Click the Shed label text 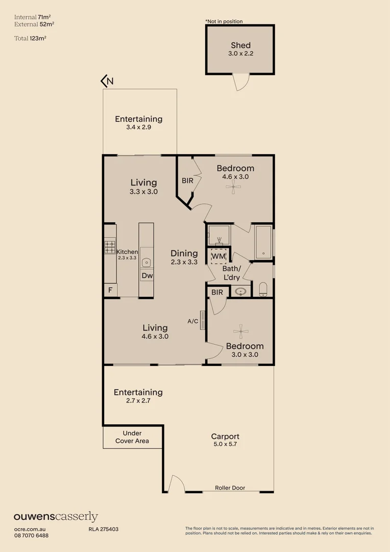point(240,45)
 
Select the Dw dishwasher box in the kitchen point(147,275)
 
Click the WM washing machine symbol point(218,256)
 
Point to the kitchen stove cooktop point(110,247)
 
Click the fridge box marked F point(110,290)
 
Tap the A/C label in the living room point(193,321)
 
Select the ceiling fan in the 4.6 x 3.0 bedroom point(234,188)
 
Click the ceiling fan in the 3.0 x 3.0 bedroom point(240,331)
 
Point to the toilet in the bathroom point(263,290)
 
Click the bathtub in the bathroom point(263,242)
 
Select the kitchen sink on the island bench point(147,263)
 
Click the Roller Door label point(230,488)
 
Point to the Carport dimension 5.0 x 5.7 point(225,445)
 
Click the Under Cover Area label point(132,437)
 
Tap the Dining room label point(184,253)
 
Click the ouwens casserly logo point(56,517)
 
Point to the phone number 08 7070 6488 point(31,535)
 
